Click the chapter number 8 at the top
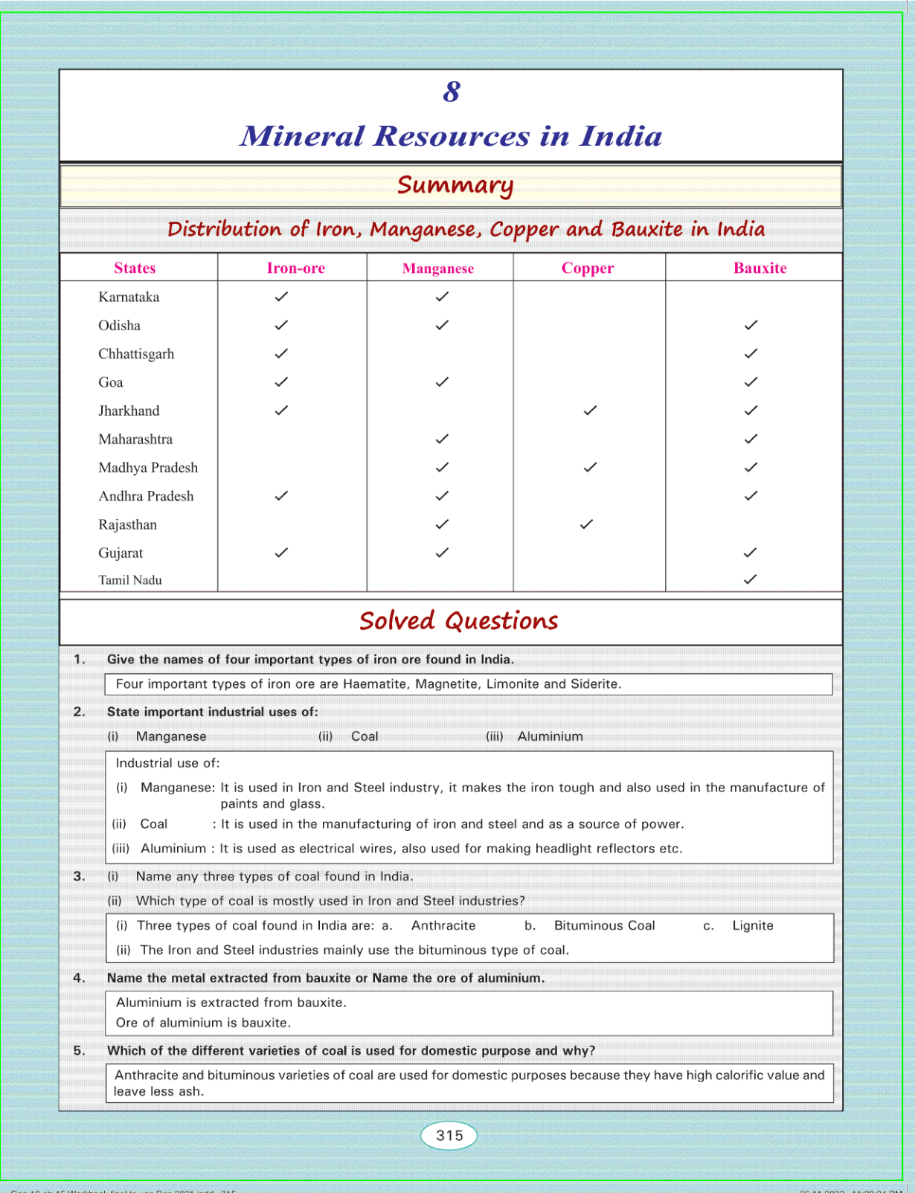coord(452,92)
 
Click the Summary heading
coord(455,185)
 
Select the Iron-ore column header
coord(295,268)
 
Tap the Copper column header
coord(587,268)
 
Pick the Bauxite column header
coord(760,268)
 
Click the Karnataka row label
coord(129,298)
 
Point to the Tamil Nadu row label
coord(130,580)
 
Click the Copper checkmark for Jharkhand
coord(590,411)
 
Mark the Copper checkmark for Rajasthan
coord(586,524)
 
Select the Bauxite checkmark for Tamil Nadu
coord(751,579)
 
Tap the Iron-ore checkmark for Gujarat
coord(281,553)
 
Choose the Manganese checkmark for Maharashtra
coord(442,439)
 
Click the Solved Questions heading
coord(458,621)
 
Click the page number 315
coord(449,1136)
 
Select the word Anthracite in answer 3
coord(443,926)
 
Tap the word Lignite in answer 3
coord(753,926)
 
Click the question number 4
coord(79,978)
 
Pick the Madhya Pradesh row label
coord(148,468)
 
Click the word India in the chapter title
coord(620,136)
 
